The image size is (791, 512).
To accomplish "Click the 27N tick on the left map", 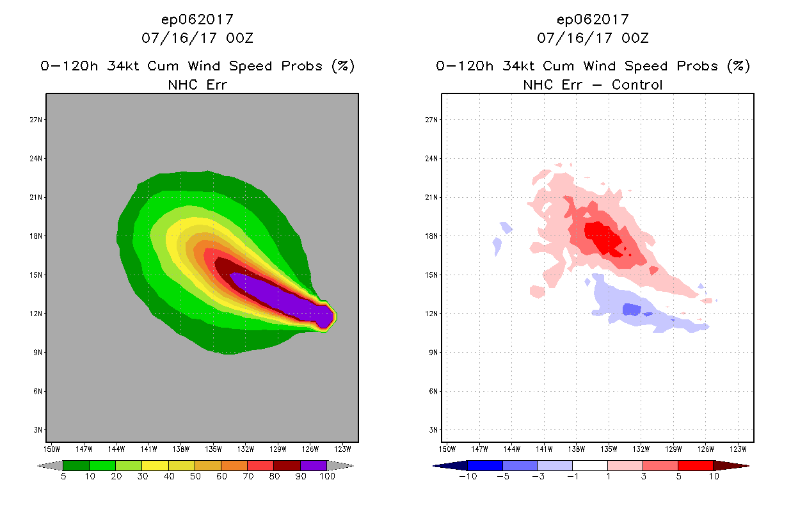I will click(x=37, y=120).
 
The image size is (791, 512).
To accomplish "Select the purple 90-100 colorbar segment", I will click(x=314, y=465).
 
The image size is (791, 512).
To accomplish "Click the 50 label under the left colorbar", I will click(x=195, y=477).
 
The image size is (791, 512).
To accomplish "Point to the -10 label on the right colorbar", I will click(x=468, y=477).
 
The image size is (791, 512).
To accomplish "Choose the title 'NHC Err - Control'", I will click(x=593, y=84).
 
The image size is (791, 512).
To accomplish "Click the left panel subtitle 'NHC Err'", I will click(x=197, y=84).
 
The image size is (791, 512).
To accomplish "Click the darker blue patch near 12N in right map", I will click(x=632, y=309).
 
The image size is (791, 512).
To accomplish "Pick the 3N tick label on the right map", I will click(x=433, y=429).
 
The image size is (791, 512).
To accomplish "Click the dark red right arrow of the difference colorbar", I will click(x=730, y=465).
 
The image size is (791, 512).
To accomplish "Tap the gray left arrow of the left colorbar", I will click(x=51, y=465).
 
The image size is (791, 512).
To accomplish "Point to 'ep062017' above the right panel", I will click(x=593, y=19).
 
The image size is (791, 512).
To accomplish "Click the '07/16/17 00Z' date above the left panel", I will click(x=197, y=38).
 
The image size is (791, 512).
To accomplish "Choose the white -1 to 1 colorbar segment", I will click(x=589, y=465).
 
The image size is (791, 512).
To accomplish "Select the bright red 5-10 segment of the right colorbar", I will click(x=695, y=465).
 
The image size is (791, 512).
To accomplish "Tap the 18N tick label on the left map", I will click(x=37, y=236).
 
